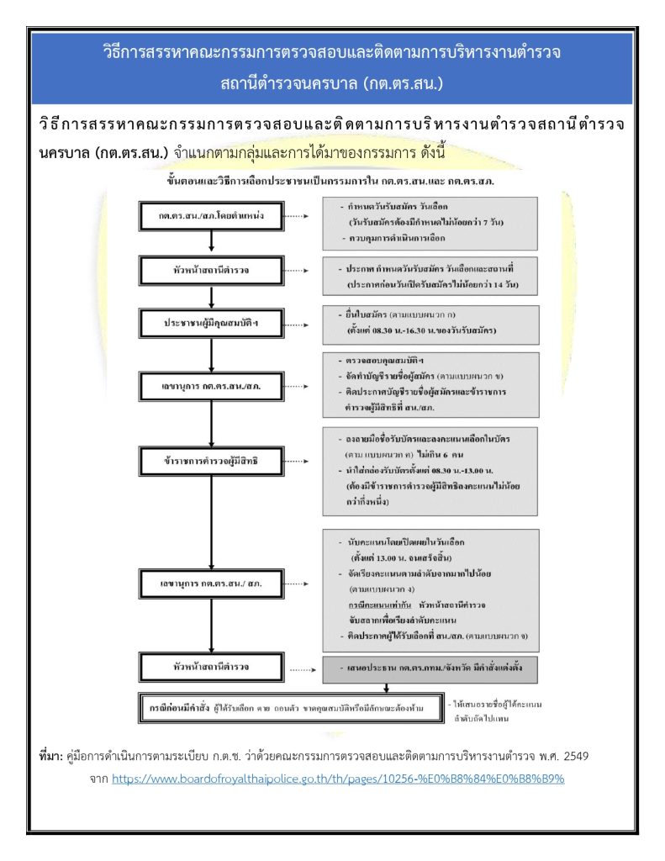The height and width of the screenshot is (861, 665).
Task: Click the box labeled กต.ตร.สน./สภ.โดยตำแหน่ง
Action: (x=212, y=216)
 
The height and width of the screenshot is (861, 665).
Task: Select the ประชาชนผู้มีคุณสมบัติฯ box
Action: (x=212, y=323)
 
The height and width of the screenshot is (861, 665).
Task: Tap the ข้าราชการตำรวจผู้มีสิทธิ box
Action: (x=212, y=462)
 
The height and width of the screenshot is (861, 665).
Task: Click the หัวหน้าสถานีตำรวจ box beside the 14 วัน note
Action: (x=212, y=271)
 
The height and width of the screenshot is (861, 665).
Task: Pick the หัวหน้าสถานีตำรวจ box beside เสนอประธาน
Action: (x=212, y=668)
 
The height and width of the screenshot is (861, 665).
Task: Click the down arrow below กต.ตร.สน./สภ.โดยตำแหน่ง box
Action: (x=212, y=241)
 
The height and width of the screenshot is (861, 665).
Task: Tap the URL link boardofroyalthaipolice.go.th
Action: (x=337, y=779)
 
